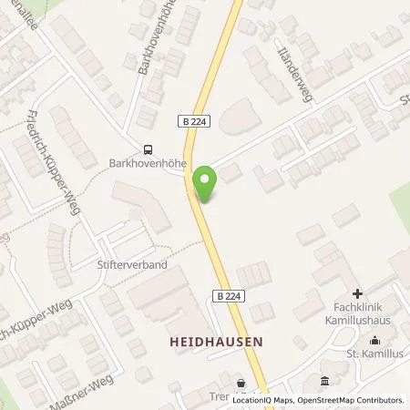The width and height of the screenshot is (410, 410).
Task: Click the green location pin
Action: point(208,183)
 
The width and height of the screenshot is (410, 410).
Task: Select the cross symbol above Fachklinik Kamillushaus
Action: point(357,293)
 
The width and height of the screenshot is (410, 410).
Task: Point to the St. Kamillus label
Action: point(374,351)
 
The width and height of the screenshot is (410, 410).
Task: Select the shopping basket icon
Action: point(241,384)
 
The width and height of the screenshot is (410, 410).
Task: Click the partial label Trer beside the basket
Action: point(218,398)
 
